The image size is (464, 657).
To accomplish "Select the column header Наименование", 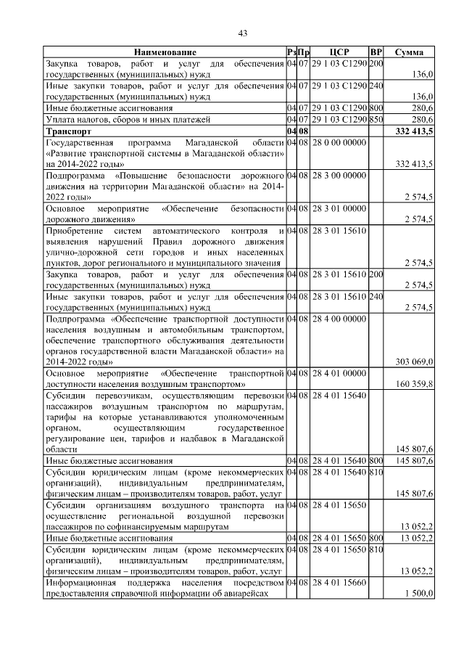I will click(x=164, y=52).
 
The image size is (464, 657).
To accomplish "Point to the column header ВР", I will click(x=376, y=52).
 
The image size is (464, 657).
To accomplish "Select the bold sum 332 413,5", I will click(x=410, y=131).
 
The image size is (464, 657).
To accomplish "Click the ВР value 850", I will click(x=376, y=119).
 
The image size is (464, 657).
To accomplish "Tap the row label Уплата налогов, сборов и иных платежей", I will click(x=128, y=119).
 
